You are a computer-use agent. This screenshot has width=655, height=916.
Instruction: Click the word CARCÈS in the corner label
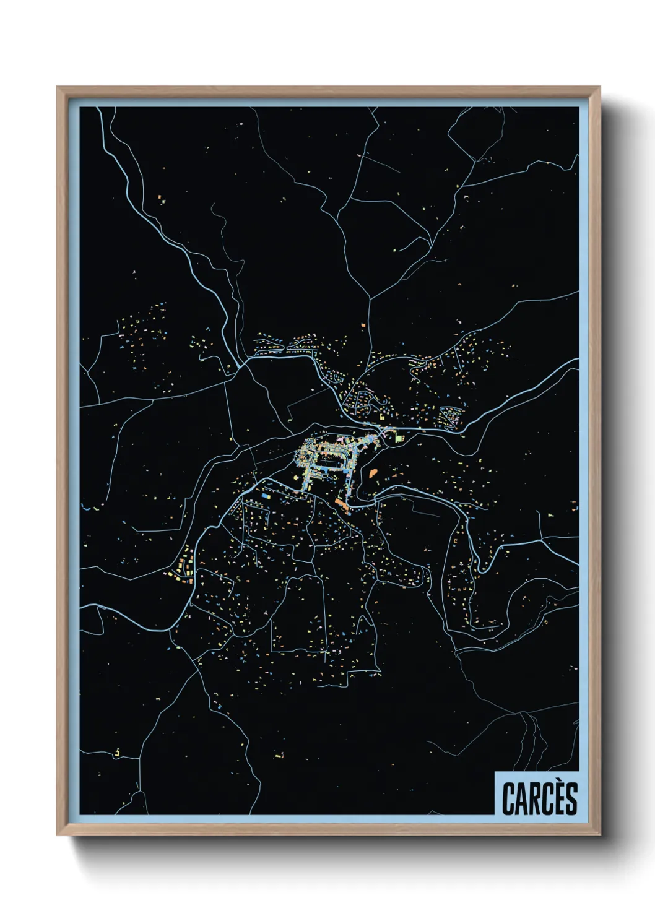[x=539, y=798]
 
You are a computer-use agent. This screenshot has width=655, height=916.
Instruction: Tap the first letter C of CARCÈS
[x=509, y=799]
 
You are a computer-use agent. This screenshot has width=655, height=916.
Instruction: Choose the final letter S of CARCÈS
[x=570, y=799]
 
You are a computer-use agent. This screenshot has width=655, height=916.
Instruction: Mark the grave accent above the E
[x=557, y=784]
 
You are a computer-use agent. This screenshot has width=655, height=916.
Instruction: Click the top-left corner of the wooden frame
[x=58, y=88]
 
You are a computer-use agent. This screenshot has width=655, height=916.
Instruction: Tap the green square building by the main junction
[x=400, y=438]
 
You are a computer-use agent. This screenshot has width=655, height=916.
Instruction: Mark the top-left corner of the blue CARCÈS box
[x=495, y=772]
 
